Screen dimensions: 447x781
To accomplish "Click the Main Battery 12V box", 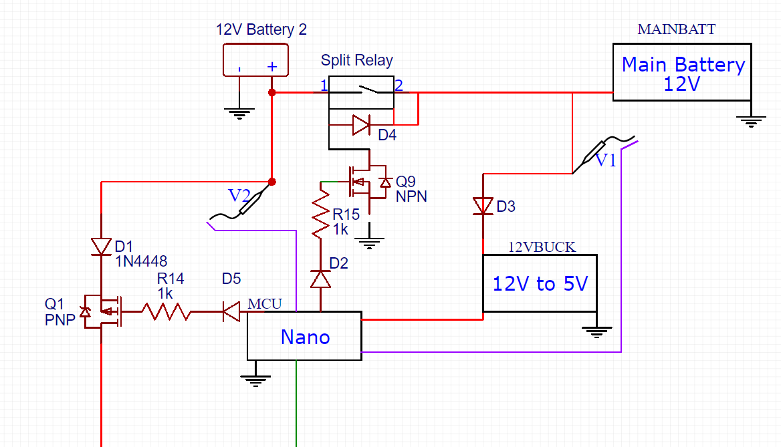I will click(682, 72).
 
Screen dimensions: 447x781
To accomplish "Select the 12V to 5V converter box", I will click(540, 283).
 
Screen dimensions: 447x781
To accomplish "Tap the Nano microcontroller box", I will click(304, 336).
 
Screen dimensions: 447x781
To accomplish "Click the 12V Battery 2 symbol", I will click(255, 60).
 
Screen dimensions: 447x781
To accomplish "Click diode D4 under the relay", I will click(361, 124).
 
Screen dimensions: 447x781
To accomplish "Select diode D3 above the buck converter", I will click(483, 206).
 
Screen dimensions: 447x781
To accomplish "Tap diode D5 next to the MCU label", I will click(231, 311).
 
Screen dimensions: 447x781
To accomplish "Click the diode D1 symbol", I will click(101, 247).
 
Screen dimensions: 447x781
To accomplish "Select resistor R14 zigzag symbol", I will click(165, 311).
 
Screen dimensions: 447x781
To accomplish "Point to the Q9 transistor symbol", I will click(364, 181).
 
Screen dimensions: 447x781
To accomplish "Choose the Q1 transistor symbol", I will click(100, 311).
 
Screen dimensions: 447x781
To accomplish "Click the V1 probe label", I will click(605, 160).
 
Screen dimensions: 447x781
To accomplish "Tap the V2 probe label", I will click(239, 196).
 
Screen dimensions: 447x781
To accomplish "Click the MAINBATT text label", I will click(676, 29).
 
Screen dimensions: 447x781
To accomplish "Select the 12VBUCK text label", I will click(541, 247).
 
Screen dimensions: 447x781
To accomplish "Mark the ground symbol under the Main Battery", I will click(752, 121).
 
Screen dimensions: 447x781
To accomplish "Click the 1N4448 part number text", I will click(141, 261).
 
